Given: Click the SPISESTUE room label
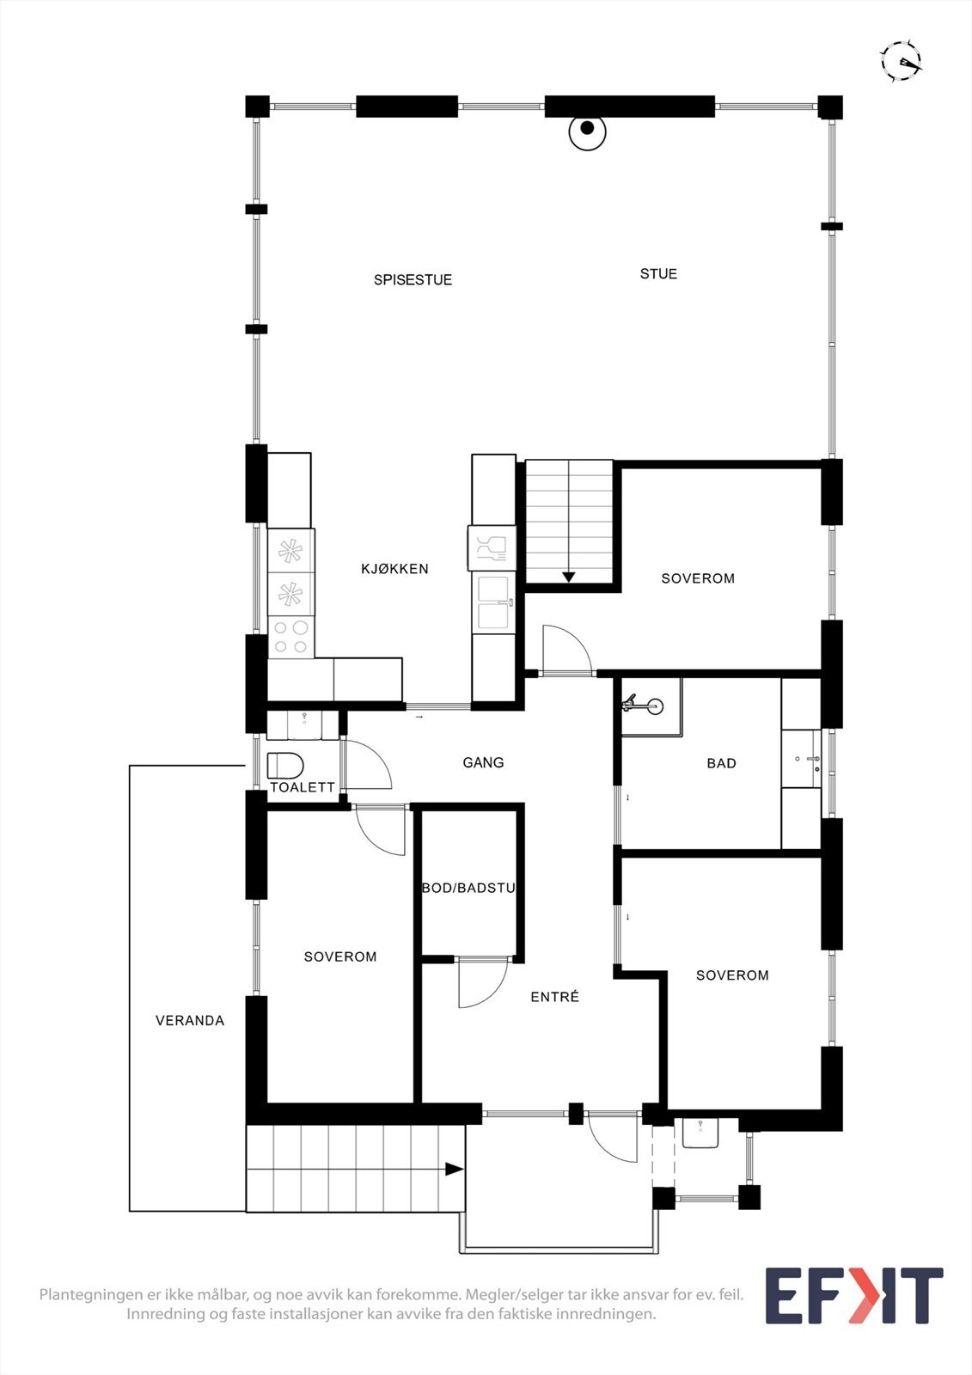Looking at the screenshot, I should point(413,280).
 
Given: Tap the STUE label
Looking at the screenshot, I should point(658,274).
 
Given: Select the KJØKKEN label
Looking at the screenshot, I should point(394,569).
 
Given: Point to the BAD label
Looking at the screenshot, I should point(721,763).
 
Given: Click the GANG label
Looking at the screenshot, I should point(483,762).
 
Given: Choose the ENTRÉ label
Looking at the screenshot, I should point(554,997).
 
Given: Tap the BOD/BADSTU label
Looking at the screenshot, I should point(468,888).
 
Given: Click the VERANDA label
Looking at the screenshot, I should point(190,1021).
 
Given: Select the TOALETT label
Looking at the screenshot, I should point(303,787).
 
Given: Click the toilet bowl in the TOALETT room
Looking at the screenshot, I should point(285,765).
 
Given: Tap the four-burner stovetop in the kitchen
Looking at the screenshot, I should point(290,637).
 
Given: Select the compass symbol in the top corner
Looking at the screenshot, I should point(901,61).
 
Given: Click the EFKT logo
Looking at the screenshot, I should point(853,1296).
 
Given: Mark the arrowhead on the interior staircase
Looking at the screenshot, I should point(568,577).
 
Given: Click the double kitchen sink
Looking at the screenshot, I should point(493,602).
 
